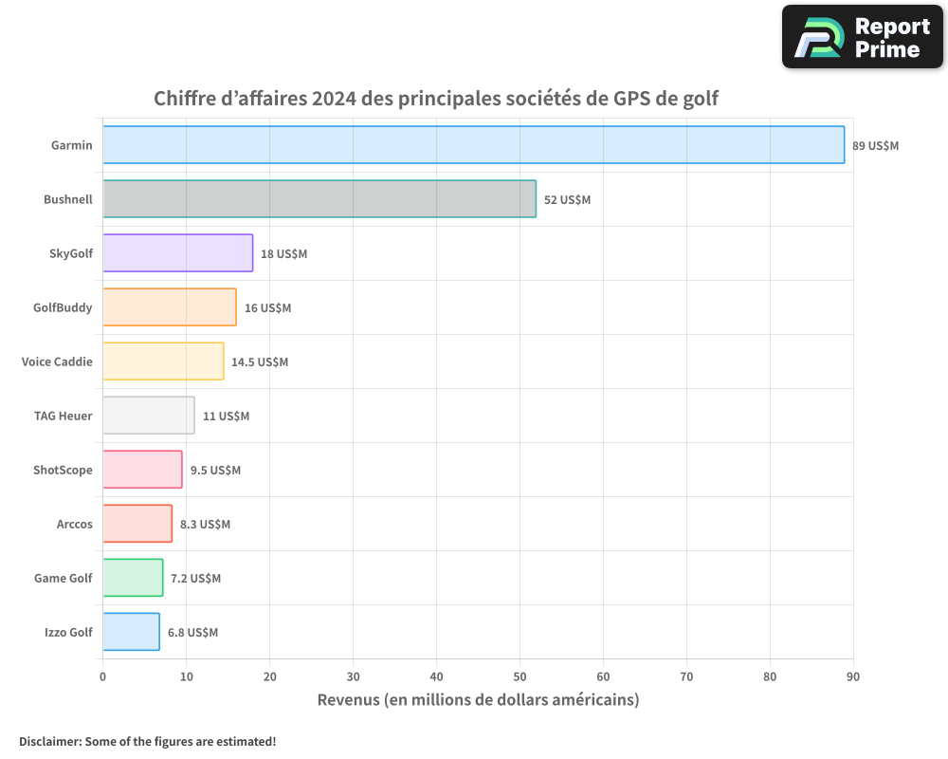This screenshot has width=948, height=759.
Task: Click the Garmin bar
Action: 473,145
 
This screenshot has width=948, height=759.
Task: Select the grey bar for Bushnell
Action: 319,199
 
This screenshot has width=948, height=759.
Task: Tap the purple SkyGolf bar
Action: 177,253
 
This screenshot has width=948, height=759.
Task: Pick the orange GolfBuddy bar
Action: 169,307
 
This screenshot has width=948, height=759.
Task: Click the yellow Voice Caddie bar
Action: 163,361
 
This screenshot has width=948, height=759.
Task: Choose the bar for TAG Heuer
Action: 148,416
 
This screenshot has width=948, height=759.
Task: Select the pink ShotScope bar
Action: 142,470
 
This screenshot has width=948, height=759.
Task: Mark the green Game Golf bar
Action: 133,578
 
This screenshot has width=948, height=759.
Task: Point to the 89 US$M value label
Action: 875,146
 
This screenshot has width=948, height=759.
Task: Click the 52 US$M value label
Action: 567,200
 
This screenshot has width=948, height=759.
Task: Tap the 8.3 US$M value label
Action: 205,525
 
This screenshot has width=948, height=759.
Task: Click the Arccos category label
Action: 75,525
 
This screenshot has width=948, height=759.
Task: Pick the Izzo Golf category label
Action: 68,633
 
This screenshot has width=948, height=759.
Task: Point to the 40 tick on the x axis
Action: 436,677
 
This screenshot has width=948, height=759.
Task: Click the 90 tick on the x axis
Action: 853,677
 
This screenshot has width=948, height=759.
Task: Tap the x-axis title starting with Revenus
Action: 478,700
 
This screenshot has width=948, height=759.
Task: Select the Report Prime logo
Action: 863,37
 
